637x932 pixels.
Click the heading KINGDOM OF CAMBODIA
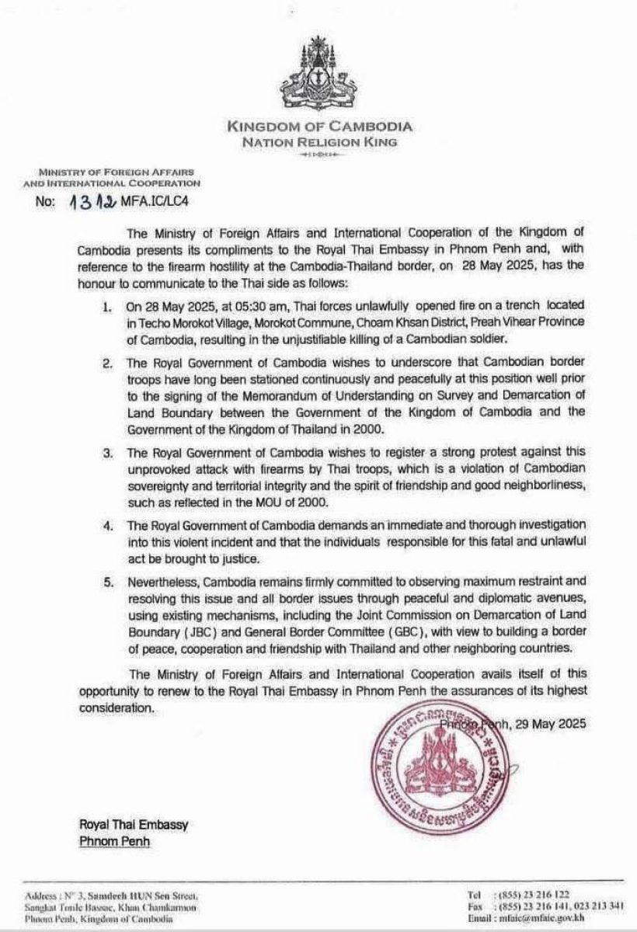(318, 127)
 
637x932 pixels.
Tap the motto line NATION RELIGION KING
(318, 141)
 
